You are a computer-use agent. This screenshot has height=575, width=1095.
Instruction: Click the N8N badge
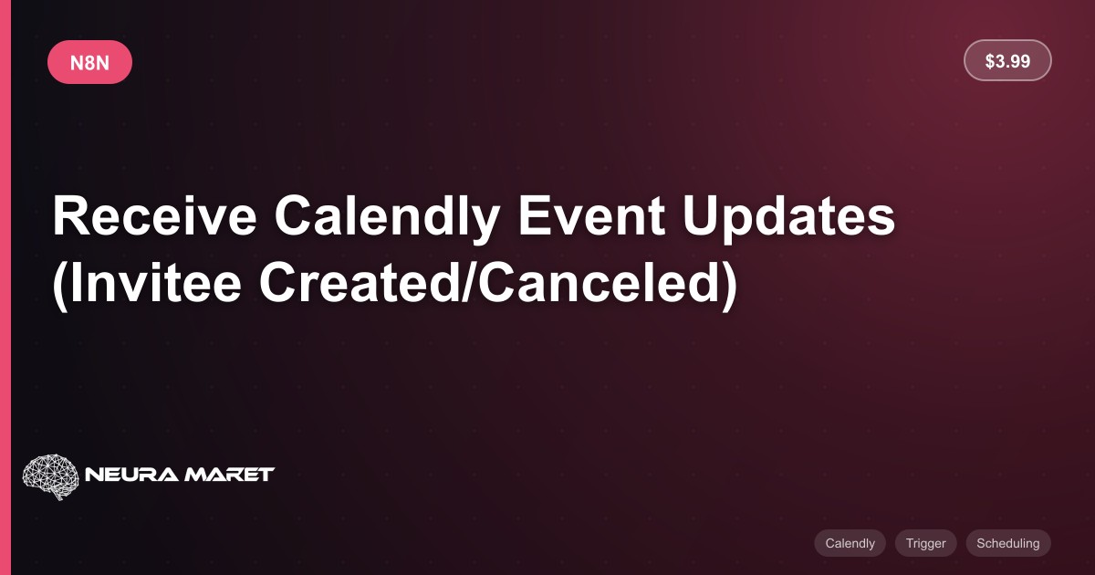[x=89, y=62]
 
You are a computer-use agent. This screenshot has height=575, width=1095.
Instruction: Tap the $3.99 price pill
[x=1007, y=60]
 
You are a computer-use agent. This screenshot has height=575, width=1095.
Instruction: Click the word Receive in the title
[x=154, y=215]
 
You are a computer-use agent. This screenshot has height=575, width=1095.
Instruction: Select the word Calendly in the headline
[x=387, y=218]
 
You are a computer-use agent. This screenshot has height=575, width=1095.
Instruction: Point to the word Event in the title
[x=591, y=215]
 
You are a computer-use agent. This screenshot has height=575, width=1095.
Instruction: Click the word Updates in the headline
[x=788, y=218]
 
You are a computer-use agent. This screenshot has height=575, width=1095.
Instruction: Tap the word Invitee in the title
[x=155, y=283]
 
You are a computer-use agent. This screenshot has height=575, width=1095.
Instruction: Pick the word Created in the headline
[x=360, y=283]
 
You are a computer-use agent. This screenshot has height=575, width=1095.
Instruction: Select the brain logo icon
[x=50, y=476]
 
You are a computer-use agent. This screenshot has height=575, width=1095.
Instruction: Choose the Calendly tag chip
[x=850, y=543]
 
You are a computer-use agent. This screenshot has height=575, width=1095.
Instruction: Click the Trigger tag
[x=926, y=543]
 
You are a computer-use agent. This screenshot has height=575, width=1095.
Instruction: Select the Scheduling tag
[x=1008, y=543]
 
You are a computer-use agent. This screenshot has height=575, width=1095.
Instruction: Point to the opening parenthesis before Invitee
[x=59, y=286]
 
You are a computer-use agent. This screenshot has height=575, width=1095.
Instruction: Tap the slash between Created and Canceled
[x=468, y=283]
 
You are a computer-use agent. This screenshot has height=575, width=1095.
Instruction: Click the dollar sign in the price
[x=990, y=61]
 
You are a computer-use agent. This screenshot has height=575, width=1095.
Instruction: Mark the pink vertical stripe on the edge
[x=5, y=287]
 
